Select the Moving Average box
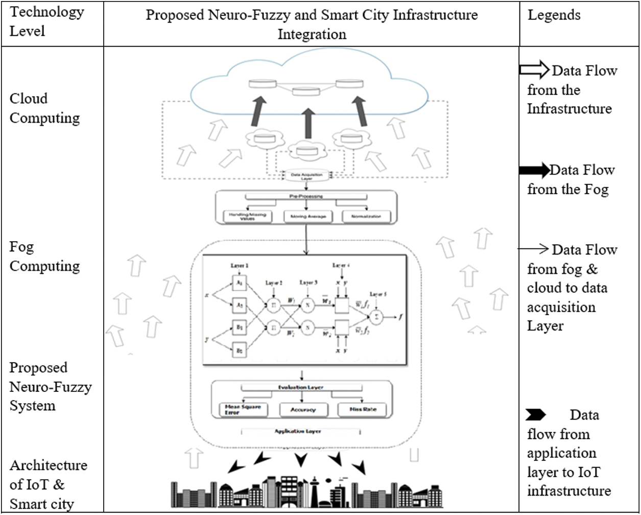306,217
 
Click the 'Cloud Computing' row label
45,108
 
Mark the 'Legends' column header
554,15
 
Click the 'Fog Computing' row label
45,256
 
